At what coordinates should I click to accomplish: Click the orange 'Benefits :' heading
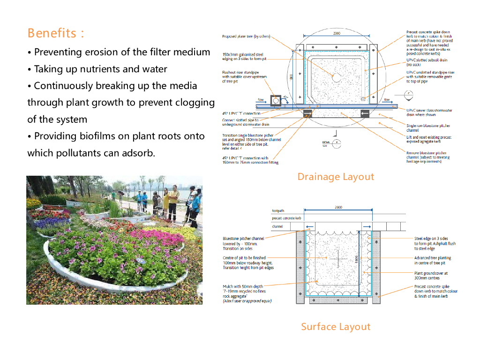[56, 33]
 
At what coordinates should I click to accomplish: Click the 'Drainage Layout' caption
[336, 177]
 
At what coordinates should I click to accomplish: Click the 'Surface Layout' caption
[336, 327]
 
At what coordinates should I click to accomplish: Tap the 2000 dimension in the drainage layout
[337, 34]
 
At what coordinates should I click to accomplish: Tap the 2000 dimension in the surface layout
[338, 207]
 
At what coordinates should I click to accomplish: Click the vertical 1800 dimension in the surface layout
[357, 259]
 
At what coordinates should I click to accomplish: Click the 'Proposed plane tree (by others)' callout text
[246, 36]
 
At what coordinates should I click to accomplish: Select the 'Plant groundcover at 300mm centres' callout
[431, 275]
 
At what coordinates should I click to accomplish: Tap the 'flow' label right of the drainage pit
[387, 100]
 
